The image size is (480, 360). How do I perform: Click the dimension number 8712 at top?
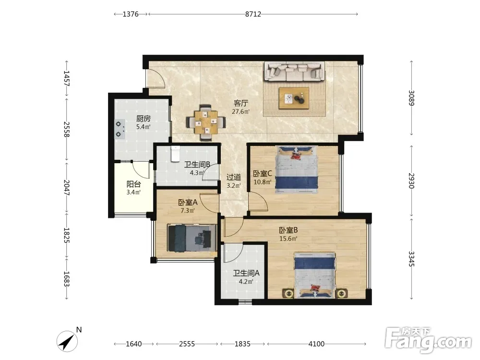(x=253, y=14)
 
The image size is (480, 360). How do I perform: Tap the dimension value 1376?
(x=131, y=14)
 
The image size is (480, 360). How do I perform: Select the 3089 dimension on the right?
(x=411, y=98)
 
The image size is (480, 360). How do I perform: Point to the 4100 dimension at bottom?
(x=316, y=344)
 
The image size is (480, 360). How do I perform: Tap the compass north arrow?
(x=67, y=341)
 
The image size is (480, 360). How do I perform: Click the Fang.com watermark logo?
(x=428, y=340)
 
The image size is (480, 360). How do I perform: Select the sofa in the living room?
(x=294, y=72)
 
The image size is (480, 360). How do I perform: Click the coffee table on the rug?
(x=294, y=98)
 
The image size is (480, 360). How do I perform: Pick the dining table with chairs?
(x=206, y=122)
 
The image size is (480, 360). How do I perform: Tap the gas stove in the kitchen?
(x=120, y=129)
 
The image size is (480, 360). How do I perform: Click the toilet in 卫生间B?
(x=175, y=154)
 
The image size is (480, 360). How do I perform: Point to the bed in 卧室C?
(x=296, y=169)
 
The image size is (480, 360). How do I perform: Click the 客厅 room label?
(x=240, y=103)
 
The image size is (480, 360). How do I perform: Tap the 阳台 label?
(x=133, y=184)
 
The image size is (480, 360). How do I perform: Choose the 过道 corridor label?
(x=234, y=177)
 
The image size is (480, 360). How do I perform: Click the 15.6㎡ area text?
(x=288, y=239)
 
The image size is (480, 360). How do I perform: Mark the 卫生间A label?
(x=246, y=273)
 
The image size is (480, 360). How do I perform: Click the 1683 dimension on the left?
(x=67, y=279)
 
